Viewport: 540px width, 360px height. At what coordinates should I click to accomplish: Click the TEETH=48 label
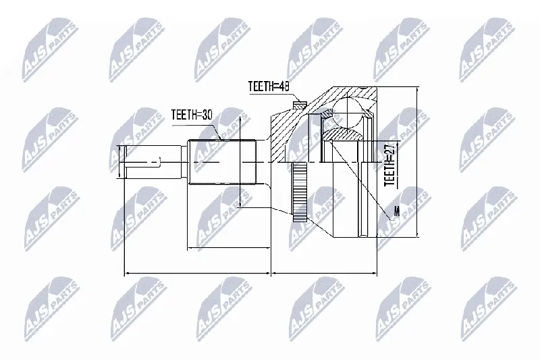coord(268,86)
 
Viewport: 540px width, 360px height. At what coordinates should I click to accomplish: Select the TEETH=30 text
coord(192,114)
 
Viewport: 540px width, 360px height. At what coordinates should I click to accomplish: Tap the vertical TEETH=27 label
coord(389,164)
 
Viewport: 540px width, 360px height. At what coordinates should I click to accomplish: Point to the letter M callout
coord(397,211)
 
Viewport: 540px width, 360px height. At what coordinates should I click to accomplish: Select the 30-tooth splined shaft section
coord(222,162)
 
